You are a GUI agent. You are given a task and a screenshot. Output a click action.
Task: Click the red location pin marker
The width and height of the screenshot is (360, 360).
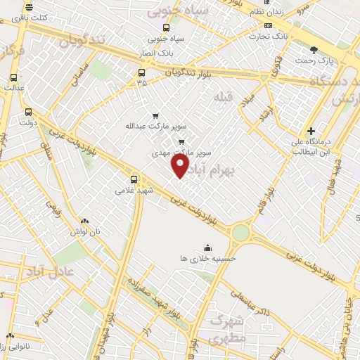(x=181, y=166)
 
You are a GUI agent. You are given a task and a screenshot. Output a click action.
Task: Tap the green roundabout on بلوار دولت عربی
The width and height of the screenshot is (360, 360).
(x=241, y=231)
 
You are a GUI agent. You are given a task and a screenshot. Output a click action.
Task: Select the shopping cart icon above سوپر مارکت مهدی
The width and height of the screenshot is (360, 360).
(x=181, y=141)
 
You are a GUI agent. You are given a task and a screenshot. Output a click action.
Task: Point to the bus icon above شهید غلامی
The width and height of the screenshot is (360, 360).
(x=134, y=179)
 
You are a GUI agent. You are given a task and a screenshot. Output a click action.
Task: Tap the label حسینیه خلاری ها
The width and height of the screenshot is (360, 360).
(x=209, y=258)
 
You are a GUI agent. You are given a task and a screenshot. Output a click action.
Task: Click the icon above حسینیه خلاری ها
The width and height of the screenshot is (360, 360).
(x=208, y=247)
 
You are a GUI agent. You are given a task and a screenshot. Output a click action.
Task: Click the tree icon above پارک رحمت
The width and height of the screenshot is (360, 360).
(x=314, y=49)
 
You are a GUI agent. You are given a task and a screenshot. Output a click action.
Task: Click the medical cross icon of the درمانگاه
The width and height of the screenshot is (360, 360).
(x=311, y=131)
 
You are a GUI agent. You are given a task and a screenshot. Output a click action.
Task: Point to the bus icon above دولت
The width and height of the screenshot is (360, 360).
(x=28, y=111)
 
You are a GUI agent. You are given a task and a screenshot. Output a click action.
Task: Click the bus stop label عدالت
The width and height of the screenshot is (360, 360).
(x=14, y=88)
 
